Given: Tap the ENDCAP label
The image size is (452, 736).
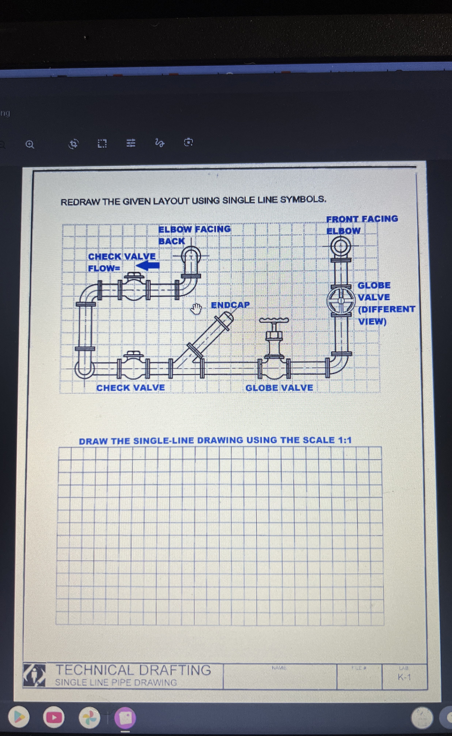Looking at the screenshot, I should [230, 305].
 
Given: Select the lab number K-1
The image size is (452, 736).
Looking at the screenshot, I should [404, 677].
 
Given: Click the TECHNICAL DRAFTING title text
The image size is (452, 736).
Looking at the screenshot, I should [133, 670].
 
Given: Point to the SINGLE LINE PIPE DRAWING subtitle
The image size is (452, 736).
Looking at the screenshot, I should [116, 683].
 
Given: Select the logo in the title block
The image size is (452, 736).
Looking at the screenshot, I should [34, 675].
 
